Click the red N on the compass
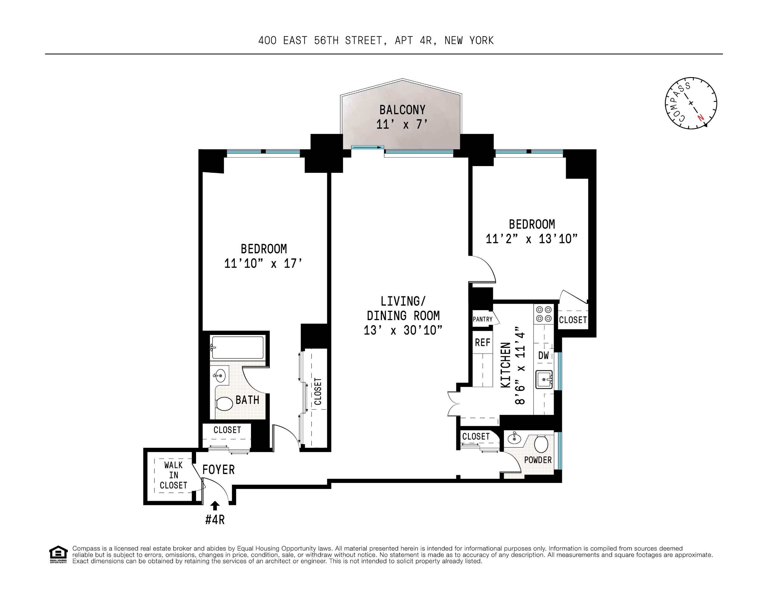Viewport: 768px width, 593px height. click(x=700, y=118)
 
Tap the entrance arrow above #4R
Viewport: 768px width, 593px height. click(x=215, y=505)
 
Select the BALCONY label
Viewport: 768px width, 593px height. click(x=402, y=110)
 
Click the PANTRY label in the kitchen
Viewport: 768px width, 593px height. click(x=482, y=319)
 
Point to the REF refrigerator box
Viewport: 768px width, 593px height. click(x=482, y=342)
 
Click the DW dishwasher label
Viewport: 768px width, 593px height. click(x=543, y=355)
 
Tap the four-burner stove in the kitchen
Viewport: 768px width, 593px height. click(x=544, y=314)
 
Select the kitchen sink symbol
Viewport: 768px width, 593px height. click(x=544, y=380)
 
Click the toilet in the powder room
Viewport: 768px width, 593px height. click(x=541, y=444)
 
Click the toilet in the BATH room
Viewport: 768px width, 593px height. click(x=224, y=404)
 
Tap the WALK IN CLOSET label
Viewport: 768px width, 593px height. click(x=173, y=475)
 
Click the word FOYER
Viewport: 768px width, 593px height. click(x=218, y=470)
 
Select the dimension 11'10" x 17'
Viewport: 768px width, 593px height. click(x=263, y=263)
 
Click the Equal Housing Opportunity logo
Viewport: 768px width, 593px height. click(x=58, y=554)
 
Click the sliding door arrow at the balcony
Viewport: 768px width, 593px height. click(x=367, y=147)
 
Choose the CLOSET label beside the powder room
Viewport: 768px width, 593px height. click(x=476, y=437)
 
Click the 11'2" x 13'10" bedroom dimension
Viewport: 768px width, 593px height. click(x=532, y=239)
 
